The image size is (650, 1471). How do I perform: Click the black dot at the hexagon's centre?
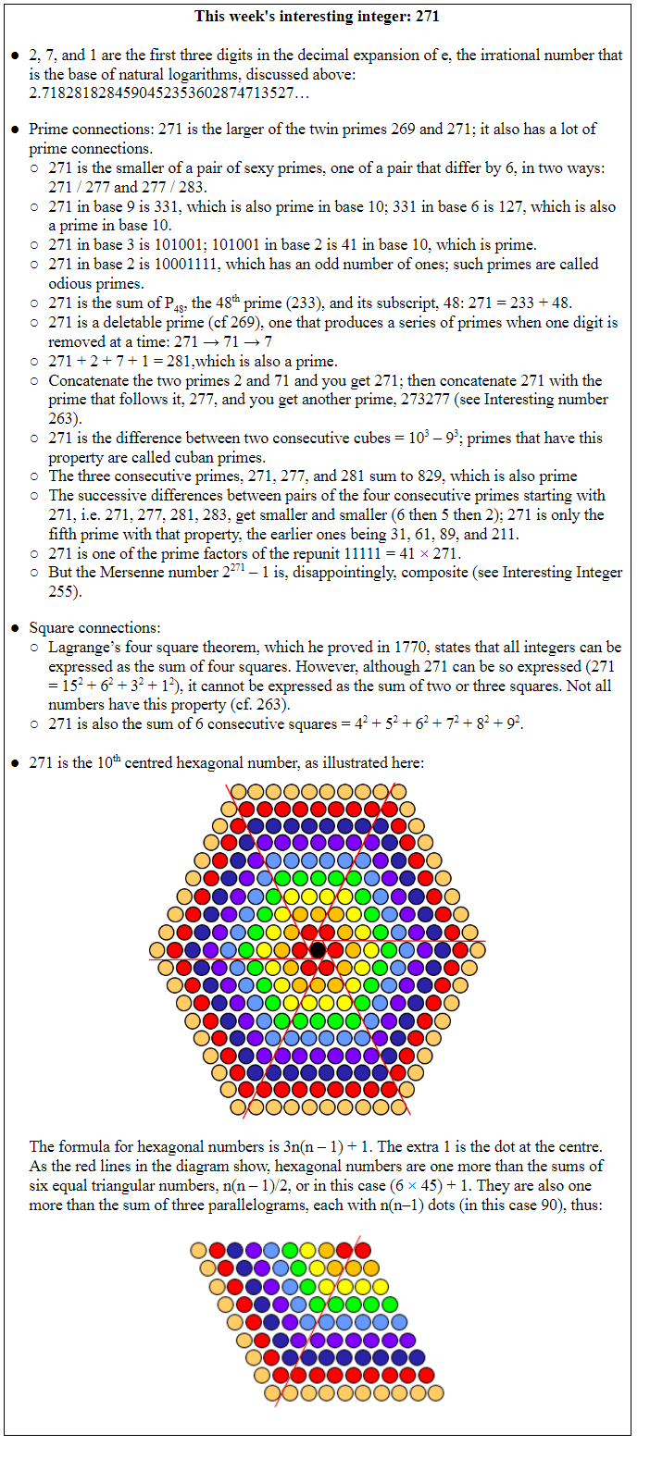[318, 949]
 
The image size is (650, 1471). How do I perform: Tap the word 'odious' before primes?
[70, 283]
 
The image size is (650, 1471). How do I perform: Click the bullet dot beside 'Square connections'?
[15, 628]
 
